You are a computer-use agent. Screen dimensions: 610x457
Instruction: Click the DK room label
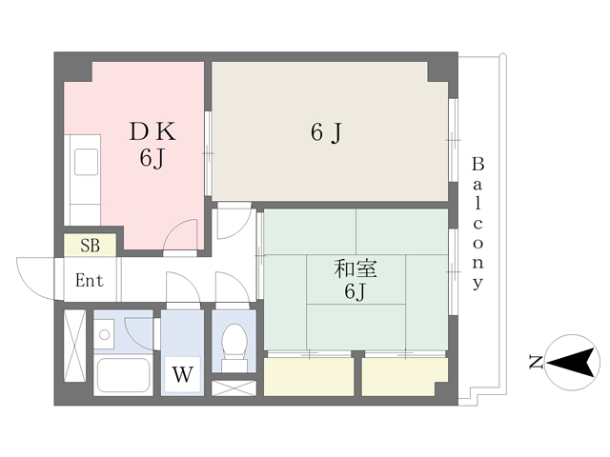tap(152, 131)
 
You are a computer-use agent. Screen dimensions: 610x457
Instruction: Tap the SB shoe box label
tap(90, 246)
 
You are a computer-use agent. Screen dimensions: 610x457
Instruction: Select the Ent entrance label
tap(89, 280)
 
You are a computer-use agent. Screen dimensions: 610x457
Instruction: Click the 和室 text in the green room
tap(356, 268)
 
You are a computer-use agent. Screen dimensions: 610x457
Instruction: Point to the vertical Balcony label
tap(478, 224)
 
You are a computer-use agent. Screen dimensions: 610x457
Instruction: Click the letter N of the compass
tap(536, 362)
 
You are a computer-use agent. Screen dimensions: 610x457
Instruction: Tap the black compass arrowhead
tap(572, 363)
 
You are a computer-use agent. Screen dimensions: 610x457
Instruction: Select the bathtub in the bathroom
tap(124, 374)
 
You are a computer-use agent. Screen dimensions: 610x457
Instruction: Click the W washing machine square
tap(182, 374)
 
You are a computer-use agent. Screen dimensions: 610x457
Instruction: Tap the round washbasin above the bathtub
tap(104, 334)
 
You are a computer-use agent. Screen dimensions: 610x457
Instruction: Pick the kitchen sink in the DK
tap(86, 161)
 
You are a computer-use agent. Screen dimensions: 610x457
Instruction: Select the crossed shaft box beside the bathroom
tap(74, 346)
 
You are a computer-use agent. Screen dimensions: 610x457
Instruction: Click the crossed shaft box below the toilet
tap(234, 388)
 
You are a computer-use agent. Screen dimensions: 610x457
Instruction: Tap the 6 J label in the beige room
tap(326, 132)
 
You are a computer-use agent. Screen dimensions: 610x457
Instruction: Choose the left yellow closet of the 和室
tap(309, 377)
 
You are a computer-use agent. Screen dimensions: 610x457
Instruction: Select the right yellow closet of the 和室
tap(404, 377)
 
